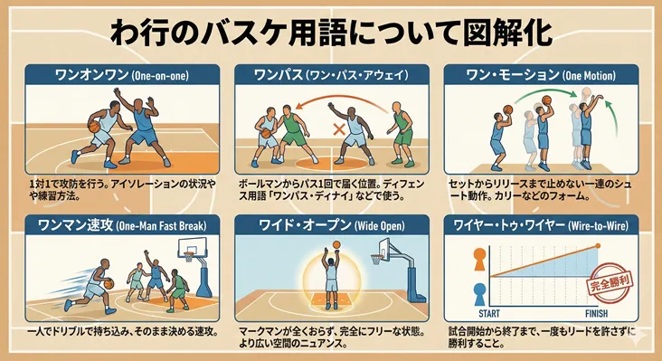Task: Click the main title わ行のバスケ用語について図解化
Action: pos(332,31)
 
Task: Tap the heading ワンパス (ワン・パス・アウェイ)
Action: pos(330,75)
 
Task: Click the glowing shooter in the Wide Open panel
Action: pos(331,276)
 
